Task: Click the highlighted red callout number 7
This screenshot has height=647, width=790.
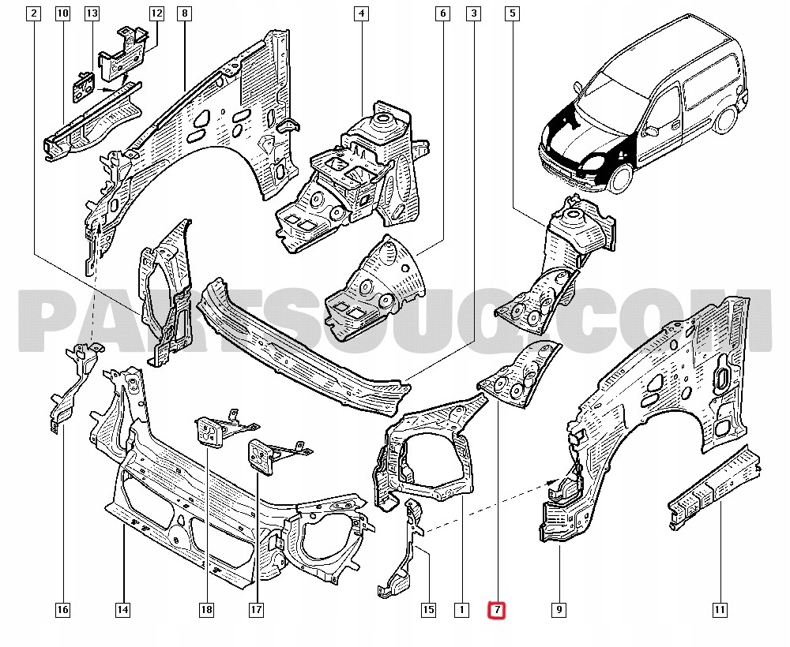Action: pos(496,609)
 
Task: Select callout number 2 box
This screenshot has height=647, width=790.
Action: pos(33,13)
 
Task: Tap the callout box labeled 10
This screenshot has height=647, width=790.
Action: pos(63,13)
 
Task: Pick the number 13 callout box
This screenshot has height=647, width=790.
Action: pos(92,13)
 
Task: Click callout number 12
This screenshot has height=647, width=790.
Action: pos(156,13)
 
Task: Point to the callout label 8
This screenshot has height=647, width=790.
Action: pos(184,13)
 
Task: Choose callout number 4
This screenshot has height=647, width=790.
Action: pos(361,13)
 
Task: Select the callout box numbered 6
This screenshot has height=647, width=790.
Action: pos(442,13)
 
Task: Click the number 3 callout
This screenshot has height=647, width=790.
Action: pos(473,13)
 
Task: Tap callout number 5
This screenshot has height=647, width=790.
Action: pos(513,13)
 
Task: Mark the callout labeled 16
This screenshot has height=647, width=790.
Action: pos(63,609)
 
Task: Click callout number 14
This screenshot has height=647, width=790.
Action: pos(122,609)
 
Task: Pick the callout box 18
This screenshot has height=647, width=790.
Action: pos(206,609)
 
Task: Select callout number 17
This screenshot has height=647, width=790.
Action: pos(256,609)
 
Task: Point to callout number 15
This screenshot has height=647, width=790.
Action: pos(428,609)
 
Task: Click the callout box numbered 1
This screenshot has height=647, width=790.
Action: pos(461,609)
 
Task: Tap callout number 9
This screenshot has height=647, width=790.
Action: pos(559,609)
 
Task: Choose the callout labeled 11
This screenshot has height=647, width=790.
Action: pos(720,609)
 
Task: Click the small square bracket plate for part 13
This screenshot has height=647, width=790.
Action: pos(81,86)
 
